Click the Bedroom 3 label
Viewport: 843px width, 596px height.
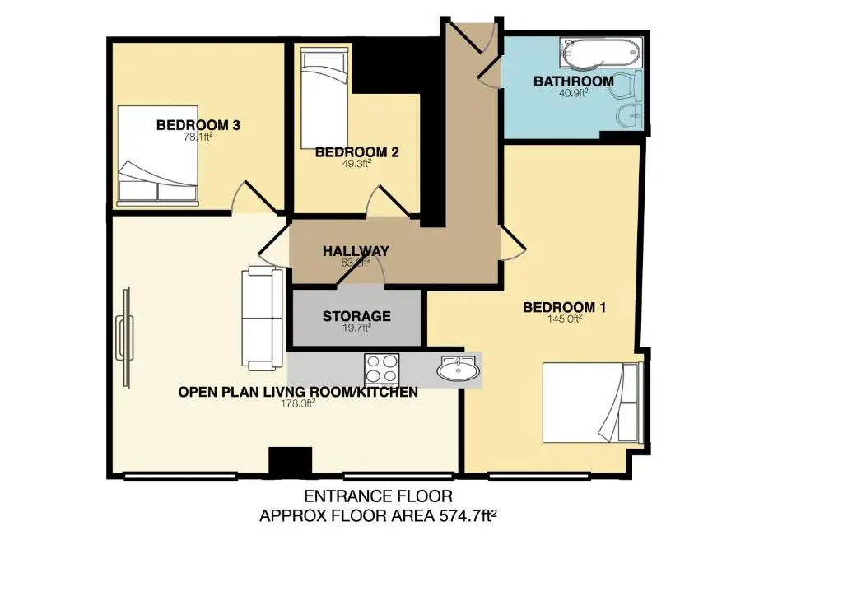[x=198, y=125]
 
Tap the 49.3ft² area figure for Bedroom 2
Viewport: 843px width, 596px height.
[x=356, y=163]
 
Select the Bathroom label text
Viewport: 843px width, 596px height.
[x=573, y=81]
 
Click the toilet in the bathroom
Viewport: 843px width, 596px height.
[x=626, y=86]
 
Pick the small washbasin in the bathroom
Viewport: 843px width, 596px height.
[x=629, y=116]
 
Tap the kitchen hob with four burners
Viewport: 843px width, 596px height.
[x=382, y=369]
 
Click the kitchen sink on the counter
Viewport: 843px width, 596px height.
[x=459, y=370]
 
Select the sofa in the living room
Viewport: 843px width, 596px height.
[x=263, y=319]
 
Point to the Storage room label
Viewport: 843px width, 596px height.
[x=356, y=316]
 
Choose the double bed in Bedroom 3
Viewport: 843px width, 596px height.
[x=157, y=156]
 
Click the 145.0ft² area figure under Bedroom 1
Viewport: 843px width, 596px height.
[x=565, y=319]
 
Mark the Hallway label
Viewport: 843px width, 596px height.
[x=356, y=251]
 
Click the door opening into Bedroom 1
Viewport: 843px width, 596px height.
[x=512, y=244]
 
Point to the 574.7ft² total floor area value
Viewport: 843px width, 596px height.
[x=468, y=516]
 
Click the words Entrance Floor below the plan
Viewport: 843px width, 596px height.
[x=379, y=496]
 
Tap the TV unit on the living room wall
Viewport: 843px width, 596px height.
[x=125, y=338]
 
